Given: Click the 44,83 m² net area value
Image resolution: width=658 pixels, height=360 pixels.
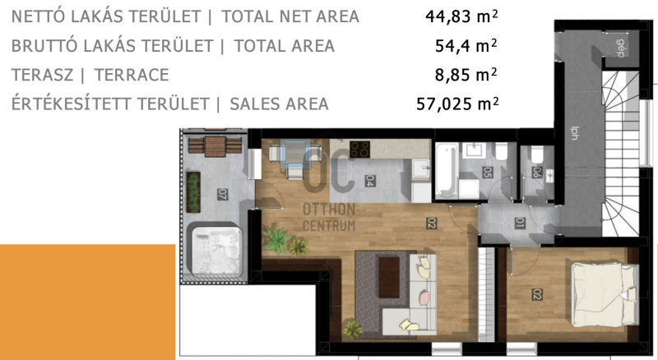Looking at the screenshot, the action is pos(461,16).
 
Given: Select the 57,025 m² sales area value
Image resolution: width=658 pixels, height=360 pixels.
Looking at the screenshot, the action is pos(457,104).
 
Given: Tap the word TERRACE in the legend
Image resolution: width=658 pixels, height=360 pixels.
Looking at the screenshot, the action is pos(132,75).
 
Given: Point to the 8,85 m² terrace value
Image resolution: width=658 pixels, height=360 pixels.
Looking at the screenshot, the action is pos(466,75).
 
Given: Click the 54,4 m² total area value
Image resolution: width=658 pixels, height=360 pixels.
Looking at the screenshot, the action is pos(466,46).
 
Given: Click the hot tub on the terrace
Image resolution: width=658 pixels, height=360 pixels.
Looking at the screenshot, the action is pos(217,251).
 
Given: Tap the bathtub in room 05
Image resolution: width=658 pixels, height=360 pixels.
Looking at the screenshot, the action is pos(446,171).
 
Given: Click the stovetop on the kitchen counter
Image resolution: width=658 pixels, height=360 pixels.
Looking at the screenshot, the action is pos(359,149).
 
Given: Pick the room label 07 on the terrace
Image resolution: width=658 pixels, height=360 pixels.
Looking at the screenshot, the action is pos(222,194).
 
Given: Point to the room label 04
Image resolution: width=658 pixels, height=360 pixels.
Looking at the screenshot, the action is pos(369,181).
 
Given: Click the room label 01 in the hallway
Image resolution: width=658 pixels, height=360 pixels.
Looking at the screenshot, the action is pos(520,223).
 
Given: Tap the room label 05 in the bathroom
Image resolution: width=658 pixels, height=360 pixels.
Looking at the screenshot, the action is pos(487,173).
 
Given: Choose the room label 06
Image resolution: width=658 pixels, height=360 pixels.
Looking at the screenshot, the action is pos(537,172).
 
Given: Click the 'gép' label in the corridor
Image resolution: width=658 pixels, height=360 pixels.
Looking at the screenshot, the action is pos(621,48).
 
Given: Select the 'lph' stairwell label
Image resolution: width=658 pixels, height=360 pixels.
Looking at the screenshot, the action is pos(574,133).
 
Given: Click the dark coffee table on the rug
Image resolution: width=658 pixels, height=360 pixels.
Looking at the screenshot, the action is pos(389,277).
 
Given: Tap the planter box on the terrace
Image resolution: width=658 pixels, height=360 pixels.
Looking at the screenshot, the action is pos(193,192).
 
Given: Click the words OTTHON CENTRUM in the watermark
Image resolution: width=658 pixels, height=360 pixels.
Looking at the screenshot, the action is pos(329,217).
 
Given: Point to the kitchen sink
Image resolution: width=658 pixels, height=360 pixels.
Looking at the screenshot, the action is pos(420,170).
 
